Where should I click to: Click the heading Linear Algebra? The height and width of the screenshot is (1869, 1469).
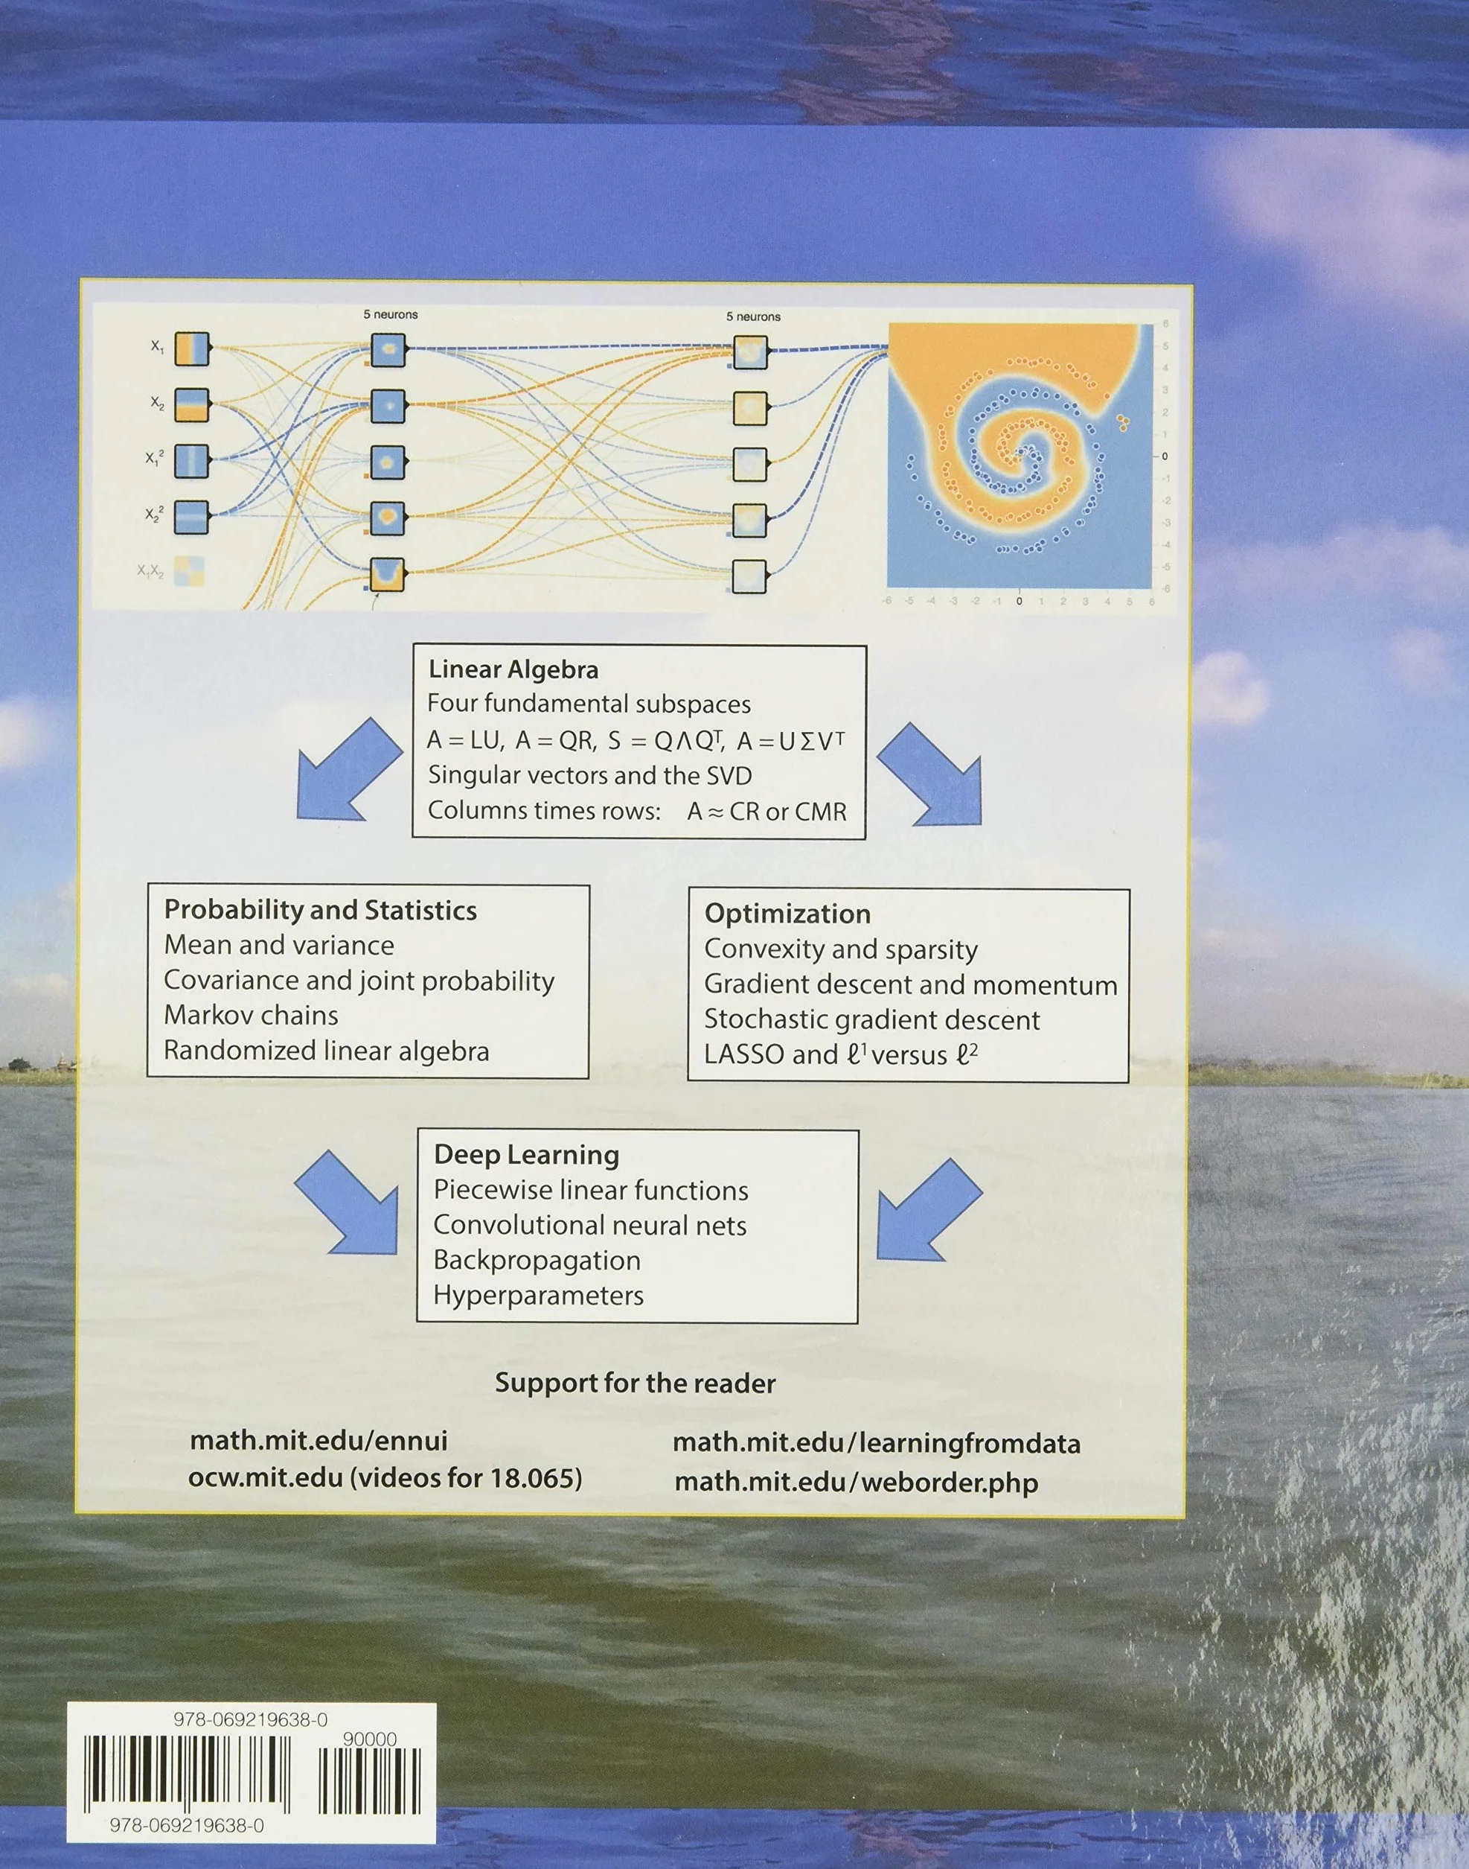(x=513, y=669)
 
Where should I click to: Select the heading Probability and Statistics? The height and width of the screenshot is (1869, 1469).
(x=320, y=911)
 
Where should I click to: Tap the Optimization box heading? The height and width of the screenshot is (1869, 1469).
(x=787, y=914)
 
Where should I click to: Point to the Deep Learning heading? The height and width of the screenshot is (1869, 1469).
(x=526, y=1155)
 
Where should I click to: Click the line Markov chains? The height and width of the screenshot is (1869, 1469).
(x=251, y=1016)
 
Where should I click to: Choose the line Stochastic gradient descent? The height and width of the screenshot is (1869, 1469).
(x=872, y=1019)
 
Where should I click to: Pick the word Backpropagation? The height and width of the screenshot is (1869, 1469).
(x=537, y=1260)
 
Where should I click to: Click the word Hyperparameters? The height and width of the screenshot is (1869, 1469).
(x=538, y=1295)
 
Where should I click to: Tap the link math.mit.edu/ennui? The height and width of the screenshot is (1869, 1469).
(x=319, y=1441)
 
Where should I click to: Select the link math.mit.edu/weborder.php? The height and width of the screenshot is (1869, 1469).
(x=856, y=1482)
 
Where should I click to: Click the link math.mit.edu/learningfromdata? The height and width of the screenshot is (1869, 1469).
(x=877, y=1443)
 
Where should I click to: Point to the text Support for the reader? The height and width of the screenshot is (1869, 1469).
(x=635, y=1383)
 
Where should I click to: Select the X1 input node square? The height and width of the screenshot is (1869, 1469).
(x=192, y=348)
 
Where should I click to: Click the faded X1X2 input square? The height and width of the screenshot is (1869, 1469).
(x=190, y=570)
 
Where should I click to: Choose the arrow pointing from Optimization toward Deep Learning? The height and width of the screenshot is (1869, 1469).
(x=929, y=1209)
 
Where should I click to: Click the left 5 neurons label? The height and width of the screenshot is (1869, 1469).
(x=391, y=315)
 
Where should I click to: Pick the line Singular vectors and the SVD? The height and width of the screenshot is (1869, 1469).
(x=590, y=775)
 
